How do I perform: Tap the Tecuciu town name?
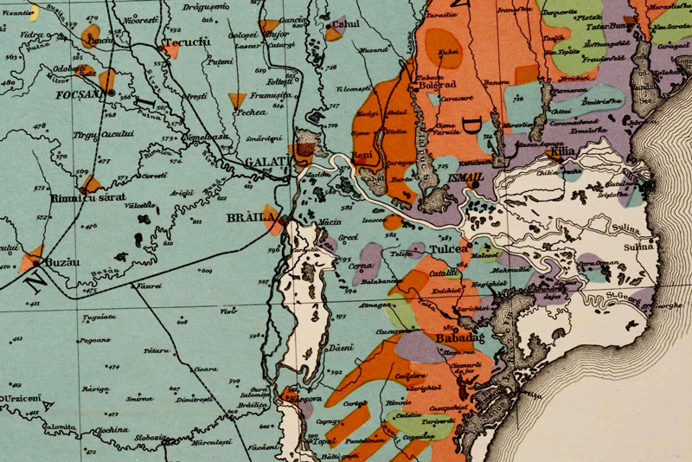[185, 41]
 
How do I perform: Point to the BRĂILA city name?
[251, 216]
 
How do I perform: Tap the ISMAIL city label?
[466, 176]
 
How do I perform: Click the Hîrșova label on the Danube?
[303, 400]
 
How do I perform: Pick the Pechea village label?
[249, 113]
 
